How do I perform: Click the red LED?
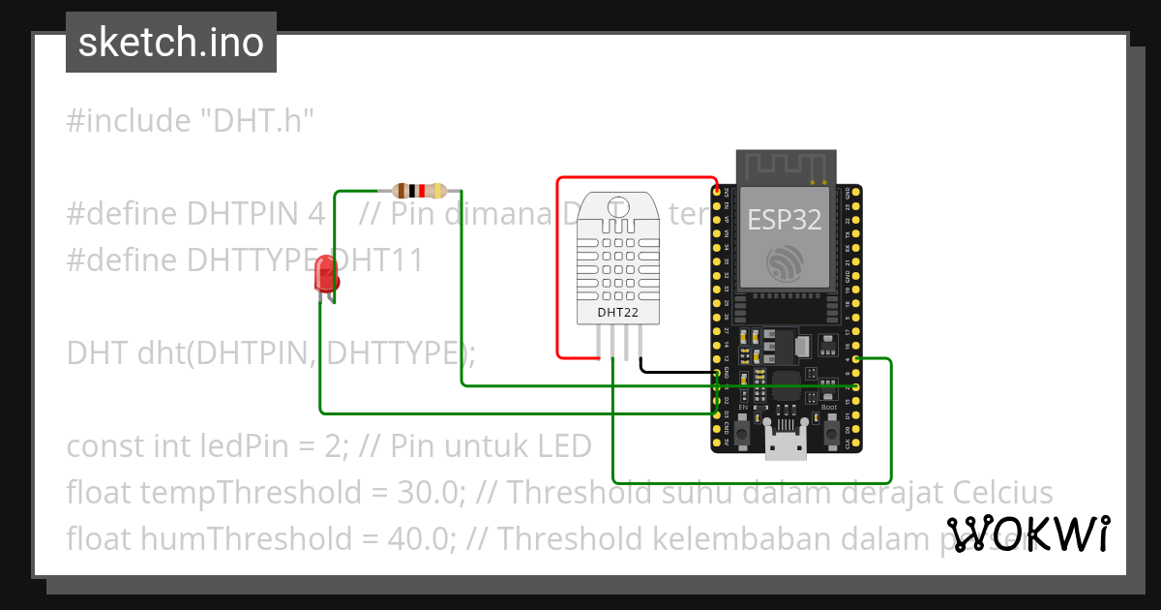(x=326, y=279)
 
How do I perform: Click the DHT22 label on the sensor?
(x=616, y=312)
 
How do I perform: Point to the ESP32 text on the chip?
(x=784, y=220)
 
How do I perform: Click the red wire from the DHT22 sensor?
(x=557, y=271)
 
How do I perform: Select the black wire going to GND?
(x=677, y=371)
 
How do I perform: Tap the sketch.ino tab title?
(x=171, y=43)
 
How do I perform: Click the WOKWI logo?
(x=1028, y=534)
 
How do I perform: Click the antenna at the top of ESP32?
(x=786, y=167)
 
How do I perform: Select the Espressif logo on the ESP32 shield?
(x=785, y=263)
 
